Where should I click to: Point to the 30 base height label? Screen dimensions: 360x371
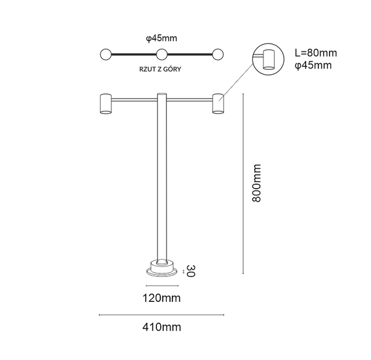pos(191,271)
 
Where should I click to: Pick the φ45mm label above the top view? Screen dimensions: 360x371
pos(161,38)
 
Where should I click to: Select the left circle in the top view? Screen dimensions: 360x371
pos(106,54)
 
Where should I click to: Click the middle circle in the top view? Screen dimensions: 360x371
pos(161,54)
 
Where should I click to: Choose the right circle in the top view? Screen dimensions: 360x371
pos(218,54)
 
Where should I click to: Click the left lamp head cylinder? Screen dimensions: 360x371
pos(105,103)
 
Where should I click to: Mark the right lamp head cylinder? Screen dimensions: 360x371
pos(218,103)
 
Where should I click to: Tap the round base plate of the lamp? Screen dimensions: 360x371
pos(162,270)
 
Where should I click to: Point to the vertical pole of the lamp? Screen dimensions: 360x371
pos(162,186)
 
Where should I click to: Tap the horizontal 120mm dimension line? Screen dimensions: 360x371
pos(162,286)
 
